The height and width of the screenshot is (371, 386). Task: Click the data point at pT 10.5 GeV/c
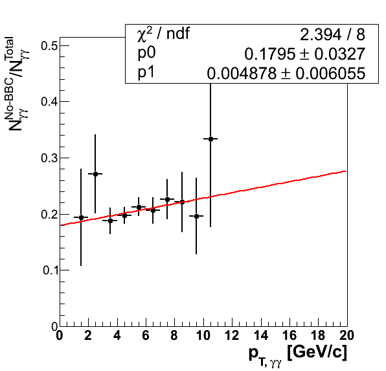coord(210,139)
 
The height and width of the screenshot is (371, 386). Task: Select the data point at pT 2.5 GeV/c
coord(95,174)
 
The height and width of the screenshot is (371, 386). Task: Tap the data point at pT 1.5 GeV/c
coord(81,217)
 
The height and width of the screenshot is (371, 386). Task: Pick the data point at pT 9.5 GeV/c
coord(196,216)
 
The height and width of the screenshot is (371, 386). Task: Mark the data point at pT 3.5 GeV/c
coord(110,221)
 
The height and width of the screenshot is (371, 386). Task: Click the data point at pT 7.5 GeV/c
coord(167,199)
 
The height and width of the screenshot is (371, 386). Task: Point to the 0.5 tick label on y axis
coord(49,46)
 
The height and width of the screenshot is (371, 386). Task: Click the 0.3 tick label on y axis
coord(49,158)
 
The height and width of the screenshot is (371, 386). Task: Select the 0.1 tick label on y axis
coord(51,270)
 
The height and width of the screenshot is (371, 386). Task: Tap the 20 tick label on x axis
coord(346,335)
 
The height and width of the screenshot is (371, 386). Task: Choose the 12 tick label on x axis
coord(232,335)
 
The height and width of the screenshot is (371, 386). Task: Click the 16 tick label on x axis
coord(289,335)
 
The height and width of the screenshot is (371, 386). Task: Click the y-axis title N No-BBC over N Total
coord(17,84)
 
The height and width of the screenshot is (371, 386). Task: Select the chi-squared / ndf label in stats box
coord(163,34)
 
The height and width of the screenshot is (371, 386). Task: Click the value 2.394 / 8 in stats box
coord(332,35)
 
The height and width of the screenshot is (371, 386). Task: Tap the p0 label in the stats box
coord(146,53)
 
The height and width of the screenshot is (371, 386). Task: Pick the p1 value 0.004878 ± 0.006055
coord(286,73)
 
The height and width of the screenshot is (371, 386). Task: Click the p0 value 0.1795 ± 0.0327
coord(305,54)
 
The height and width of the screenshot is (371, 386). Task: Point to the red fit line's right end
coord(346,171)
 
